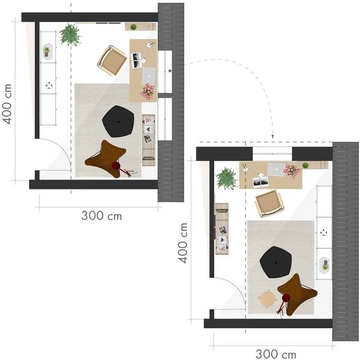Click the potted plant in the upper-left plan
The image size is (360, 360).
click(x=71, y=35)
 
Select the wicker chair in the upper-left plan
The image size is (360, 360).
click(x=111, y=60)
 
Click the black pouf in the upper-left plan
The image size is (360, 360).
click(x=118, y=122)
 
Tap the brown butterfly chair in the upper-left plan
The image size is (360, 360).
click(x=107, y=156)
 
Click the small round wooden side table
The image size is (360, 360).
click(x=268, y=297)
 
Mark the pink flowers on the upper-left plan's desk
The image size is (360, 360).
click(x=148, y=91)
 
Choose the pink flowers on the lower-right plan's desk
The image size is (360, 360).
click(x=292, y=171)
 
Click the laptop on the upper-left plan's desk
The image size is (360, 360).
click(x=149, y=76)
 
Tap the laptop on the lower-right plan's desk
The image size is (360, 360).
click(x=276, y=169)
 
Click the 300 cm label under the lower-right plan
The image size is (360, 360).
click(x=275, y=353)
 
